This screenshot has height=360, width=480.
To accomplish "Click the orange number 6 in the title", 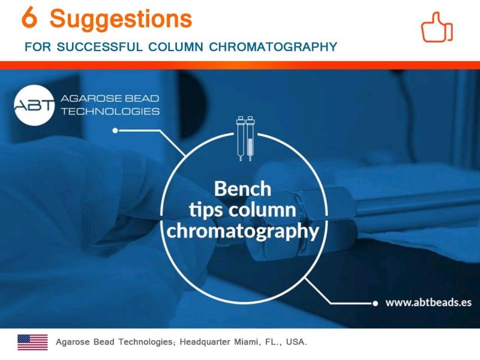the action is [29, 17].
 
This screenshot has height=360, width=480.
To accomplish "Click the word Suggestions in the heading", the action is [121, 19].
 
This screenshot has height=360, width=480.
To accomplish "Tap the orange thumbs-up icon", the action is [437, 27].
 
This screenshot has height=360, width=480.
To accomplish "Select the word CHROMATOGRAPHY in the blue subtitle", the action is [273, 47].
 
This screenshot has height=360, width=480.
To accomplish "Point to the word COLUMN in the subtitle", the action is [176, 47].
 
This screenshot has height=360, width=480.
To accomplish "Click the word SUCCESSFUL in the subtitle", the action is [100, 47].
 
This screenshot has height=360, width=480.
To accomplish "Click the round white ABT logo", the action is [34, 106].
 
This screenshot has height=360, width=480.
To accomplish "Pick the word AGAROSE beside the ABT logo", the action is [89, 98].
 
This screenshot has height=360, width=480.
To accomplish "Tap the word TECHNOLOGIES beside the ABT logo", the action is [110, 111].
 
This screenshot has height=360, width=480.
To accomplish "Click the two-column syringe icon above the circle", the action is [245, 138].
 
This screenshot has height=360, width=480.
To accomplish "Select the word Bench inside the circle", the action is [242, 188].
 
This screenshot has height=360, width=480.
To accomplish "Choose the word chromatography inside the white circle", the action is [243, 231].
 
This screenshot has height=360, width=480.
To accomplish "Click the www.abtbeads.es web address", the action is [428, 302].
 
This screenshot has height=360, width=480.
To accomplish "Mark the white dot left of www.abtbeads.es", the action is [376, 304].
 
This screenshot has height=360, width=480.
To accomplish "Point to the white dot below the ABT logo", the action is [115, 130].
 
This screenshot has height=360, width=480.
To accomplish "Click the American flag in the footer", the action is [33, 342].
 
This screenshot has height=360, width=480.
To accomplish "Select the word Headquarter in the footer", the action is [205, 342].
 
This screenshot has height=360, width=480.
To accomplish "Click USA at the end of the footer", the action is [296, 341].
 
